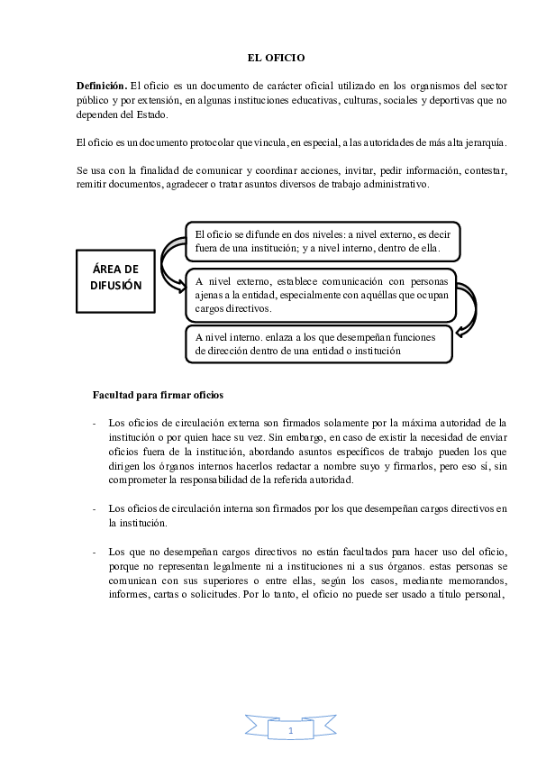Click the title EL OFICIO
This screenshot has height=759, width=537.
[x=277, y=58]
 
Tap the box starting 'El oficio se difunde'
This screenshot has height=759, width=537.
[x=323, y=242]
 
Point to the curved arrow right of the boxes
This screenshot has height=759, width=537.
[x=467, y=311]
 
